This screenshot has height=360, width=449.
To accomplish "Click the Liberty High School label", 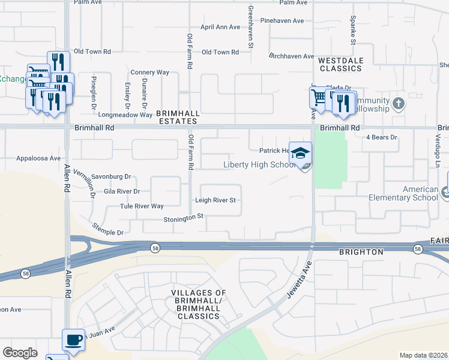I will (259, 164).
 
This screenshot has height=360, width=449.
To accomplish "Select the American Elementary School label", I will (412, 193).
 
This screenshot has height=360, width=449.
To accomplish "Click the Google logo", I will (20, 353).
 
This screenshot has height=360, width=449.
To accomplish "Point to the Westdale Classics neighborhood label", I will (339, 65).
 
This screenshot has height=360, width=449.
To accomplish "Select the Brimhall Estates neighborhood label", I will (178, 116).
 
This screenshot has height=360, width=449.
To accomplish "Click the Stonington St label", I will (184, 219).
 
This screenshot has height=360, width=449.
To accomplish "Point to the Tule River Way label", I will (142, 206).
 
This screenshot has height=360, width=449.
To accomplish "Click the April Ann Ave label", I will (220, 27).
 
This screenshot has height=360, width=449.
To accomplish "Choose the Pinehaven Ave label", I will (282, 20).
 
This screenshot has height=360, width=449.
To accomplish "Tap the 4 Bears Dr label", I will (382, 137).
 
